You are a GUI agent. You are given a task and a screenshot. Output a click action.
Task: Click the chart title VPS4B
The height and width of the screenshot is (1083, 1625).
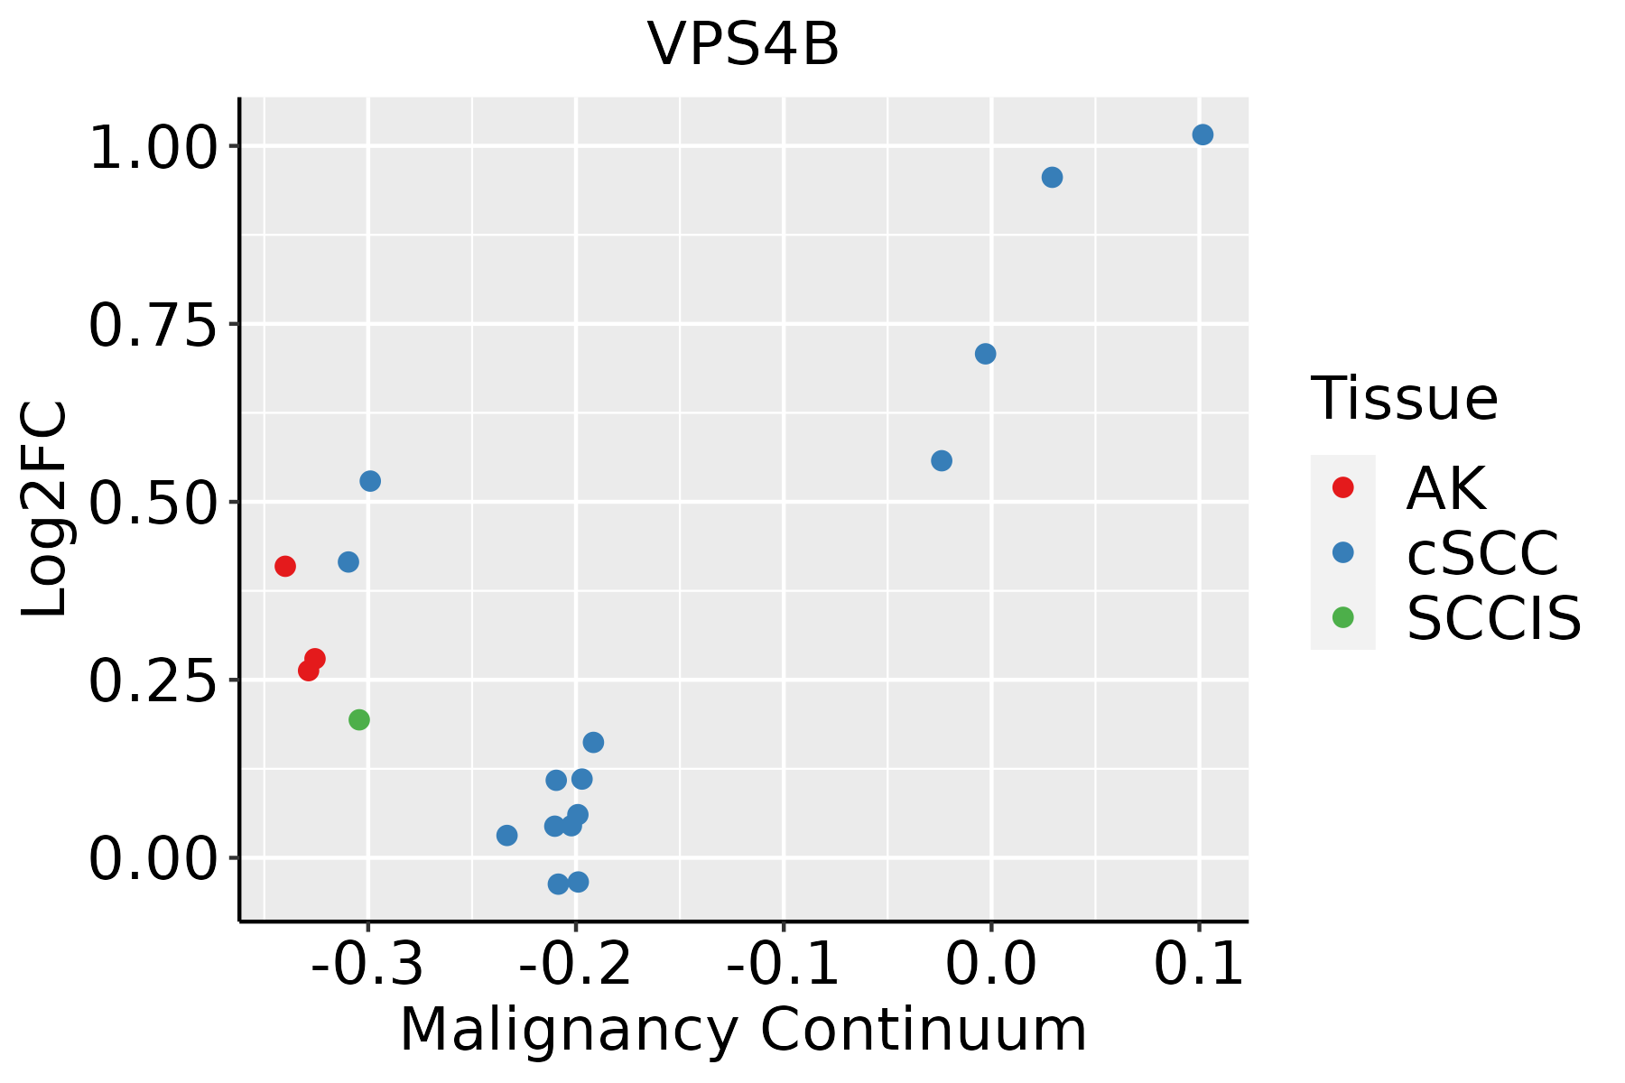tap(743, 45)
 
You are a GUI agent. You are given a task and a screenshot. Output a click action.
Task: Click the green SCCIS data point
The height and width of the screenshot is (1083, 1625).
tap(359, 719)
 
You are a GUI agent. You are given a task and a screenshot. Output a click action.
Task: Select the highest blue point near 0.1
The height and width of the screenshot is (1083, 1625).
tap(1202, 134)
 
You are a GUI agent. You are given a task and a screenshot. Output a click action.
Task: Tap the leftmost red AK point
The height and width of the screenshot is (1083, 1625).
tap(285, 566)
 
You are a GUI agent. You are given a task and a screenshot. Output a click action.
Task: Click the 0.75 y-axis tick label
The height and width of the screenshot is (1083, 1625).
tap(153, 325)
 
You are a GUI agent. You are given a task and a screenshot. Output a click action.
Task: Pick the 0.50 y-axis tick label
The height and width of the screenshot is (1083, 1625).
tap(153, 503)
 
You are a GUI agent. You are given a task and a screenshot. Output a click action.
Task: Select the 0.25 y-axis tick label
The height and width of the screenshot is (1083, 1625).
tap(153, 680)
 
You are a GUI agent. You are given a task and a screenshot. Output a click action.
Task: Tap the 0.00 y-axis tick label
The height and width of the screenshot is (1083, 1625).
tap(153, 858)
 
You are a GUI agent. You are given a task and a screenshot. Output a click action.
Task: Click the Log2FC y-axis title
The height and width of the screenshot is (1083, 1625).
tap(45, 509)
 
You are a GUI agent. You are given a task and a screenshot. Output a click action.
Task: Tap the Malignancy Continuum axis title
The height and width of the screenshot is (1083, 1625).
tap(743, 1030)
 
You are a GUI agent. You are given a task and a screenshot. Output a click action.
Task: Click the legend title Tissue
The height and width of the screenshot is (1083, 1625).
tap(1404, 398)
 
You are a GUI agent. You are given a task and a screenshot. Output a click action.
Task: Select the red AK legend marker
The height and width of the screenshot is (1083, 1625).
tap(1343, 487)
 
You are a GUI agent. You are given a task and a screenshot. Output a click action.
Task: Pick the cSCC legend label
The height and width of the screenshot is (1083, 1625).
tap(1482, 552)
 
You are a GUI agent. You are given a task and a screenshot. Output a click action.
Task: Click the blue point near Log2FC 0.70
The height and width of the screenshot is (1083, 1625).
tap(986, 354)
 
